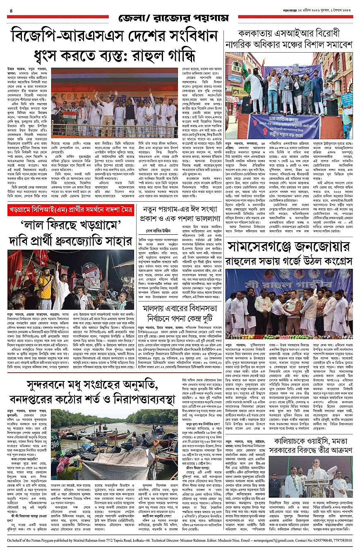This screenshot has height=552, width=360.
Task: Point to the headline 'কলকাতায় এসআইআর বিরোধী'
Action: (289, 33)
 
